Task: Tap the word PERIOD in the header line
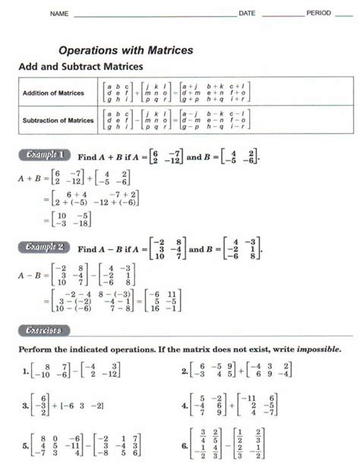click(319, 14)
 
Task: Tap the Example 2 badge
click(45, 248)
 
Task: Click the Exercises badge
click(43, 330)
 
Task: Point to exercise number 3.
click(27, 406)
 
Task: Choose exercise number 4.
click(185, 406)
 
